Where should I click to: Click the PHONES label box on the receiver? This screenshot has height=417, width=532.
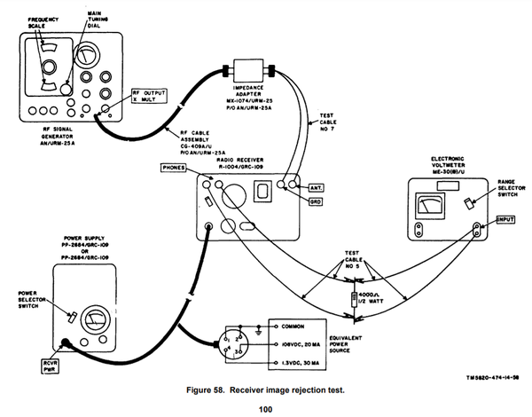176,167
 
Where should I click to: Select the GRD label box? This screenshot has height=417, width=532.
316,201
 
